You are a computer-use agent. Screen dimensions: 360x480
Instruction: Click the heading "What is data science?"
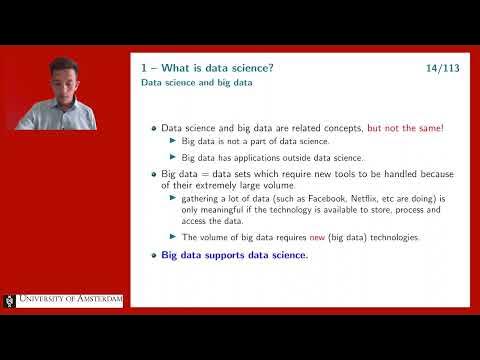pos(211,67)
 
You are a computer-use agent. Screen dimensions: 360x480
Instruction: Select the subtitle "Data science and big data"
pos(196,83)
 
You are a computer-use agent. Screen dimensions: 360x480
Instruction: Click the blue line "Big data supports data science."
pos(235,255)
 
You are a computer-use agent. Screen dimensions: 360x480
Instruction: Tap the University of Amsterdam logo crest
pos(11,301)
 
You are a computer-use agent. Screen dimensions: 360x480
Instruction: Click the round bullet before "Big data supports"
pos(153,255)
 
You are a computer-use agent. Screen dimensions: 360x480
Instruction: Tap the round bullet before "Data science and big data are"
pos(153,129)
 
